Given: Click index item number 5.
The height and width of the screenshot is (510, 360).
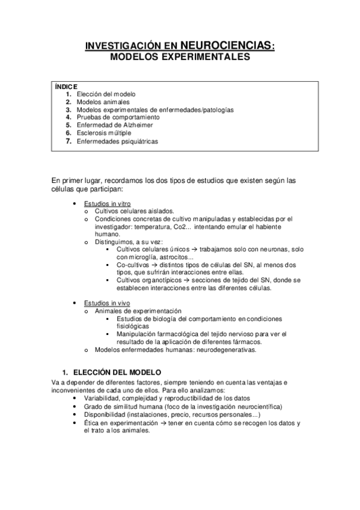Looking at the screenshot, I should (69, 126).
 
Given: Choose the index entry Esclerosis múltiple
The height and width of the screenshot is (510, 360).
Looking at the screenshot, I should (107, 134).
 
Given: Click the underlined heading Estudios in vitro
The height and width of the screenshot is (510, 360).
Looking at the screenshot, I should (107, 203).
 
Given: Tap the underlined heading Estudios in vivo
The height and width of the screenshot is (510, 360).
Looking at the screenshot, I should (107, 303).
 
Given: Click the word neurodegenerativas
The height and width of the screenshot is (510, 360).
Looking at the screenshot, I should (227, 349).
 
